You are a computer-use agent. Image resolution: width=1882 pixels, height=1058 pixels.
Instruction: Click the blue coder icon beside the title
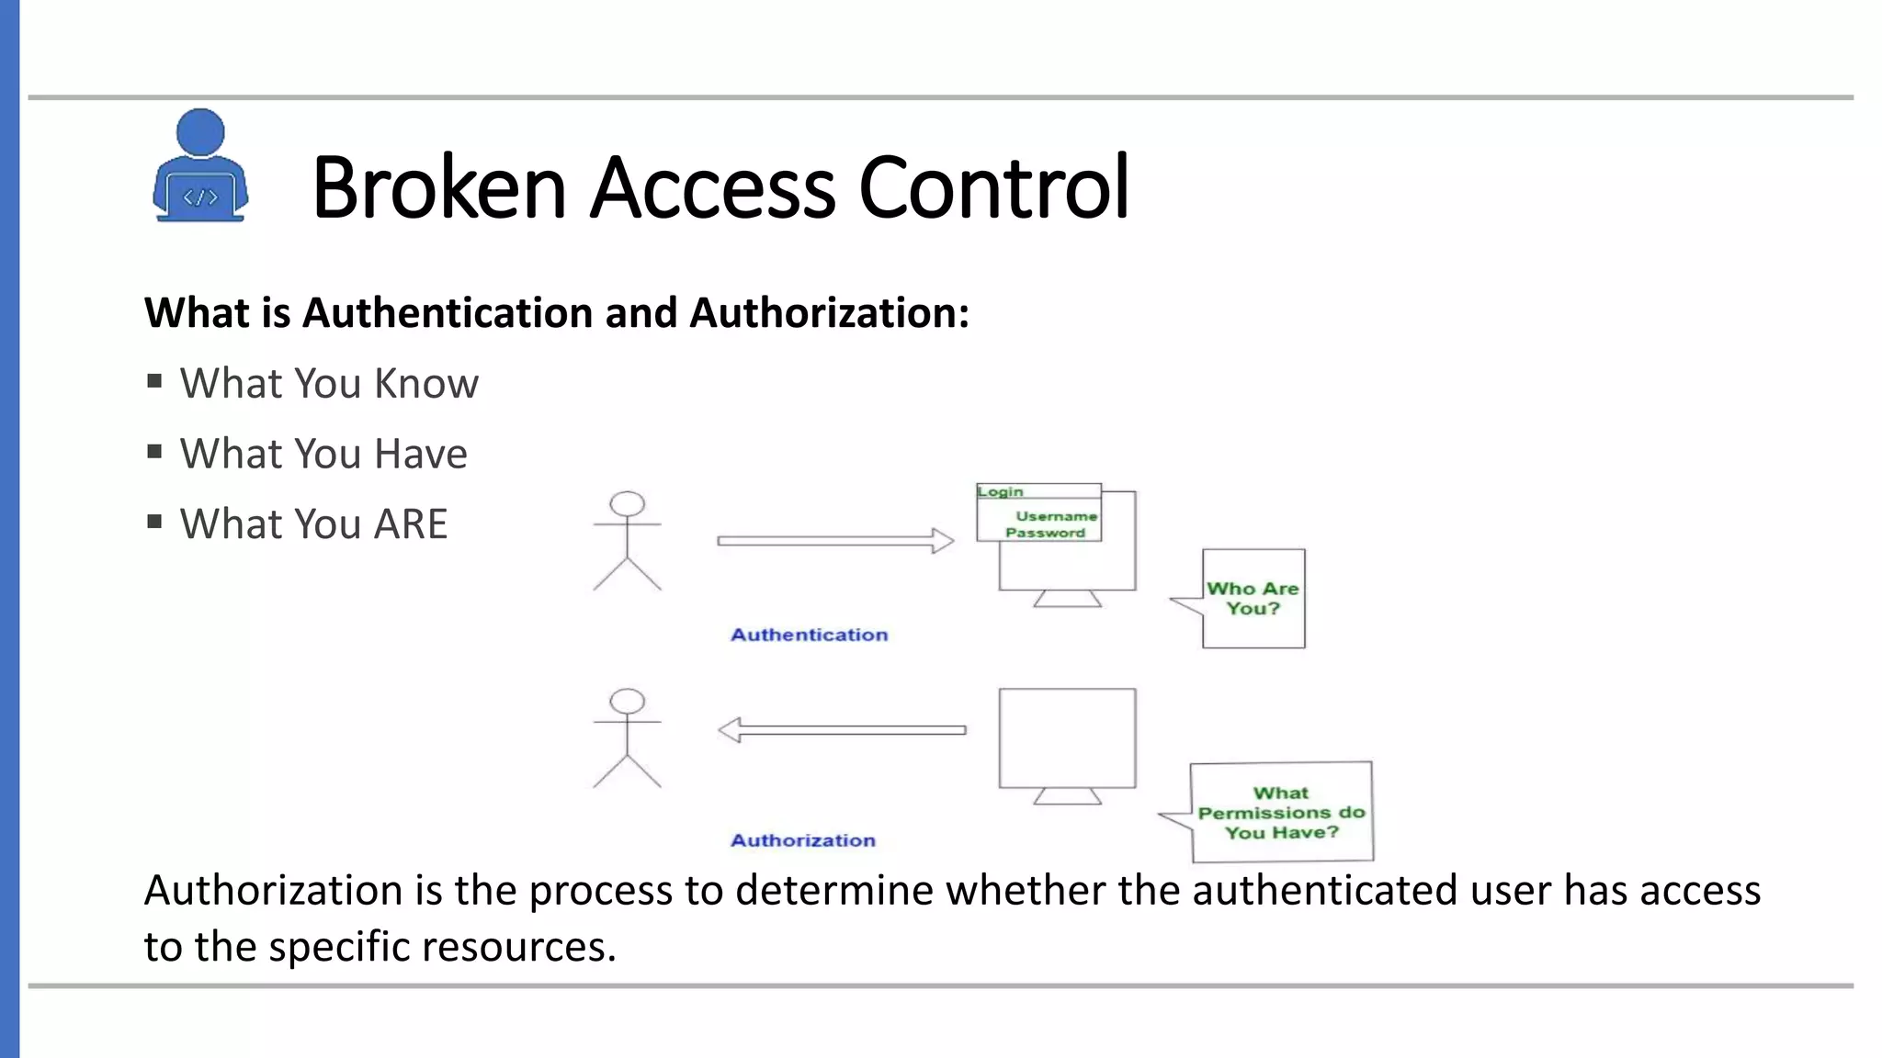pos(199,166)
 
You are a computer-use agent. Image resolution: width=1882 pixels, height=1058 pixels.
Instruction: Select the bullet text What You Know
pos(328,383)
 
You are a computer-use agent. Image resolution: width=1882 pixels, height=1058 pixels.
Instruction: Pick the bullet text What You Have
pos(323,454)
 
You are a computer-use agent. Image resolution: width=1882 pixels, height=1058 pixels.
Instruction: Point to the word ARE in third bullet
pos(410,524)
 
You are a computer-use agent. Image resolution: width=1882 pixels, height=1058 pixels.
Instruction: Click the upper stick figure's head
pos(628,503)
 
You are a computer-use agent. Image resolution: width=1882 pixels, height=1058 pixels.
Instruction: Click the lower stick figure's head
pos(628,701)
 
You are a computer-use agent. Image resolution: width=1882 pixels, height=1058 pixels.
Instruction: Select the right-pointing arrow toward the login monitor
pos(834,541)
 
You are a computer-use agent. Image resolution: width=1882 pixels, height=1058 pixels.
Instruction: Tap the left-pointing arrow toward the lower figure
pos(841,730)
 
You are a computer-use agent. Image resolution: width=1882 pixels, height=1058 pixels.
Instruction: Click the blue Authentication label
pos(809,635)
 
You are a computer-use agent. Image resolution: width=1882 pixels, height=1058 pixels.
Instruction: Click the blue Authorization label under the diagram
pos(802,840)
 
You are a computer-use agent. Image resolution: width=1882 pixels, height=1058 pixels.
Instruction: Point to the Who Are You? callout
pos(1253,598)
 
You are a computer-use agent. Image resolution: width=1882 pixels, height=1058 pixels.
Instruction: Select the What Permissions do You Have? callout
pos(1281,813)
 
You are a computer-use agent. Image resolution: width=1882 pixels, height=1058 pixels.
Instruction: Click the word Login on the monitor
pos(1000,492)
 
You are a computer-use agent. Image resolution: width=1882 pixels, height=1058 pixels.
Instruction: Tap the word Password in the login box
pos(1045,533)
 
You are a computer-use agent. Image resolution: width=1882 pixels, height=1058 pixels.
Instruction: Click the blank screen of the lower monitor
pos(1067,737)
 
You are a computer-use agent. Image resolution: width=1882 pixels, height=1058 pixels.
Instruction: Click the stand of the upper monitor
pos(1067,599)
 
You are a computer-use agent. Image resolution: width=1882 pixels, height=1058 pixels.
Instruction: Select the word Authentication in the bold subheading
pos(448,313)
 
